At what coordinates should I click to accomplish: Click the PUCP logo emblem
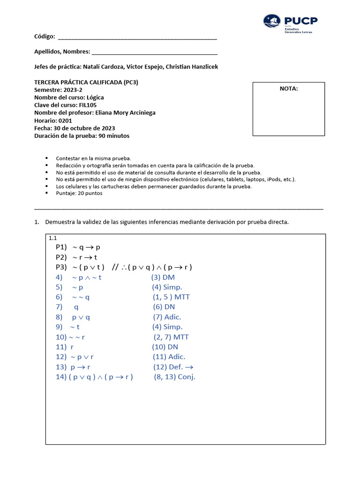click(272, 22)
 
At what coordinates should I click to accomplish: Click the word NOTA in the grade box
click(289, 88)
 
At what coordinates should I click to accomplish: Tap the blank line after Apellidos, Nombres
click(155, 52)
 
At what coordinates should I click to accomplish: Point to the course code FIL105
click(88, 105)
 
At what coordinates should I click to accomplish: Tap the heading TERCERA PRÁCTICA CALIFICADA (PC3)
click(86, 82)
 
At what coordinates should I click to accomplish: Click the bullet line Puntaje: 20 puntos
click(79, 193)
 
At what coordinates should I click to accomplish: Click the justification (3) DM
click(163, 277)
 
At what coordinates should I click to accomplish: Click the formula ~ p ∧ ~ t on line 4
click(87, 277)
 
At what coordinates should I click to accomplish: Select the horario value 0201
click(66, 120)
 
